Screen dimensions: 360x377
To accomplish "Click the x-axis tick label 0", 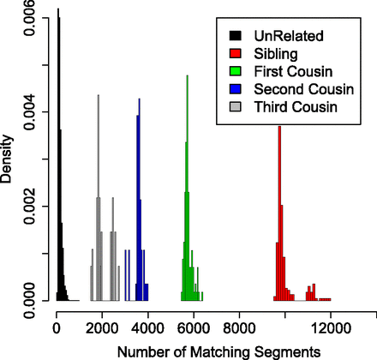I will [x=56, y=326].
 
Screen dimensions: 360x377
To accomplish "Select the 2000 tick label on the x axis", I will [x=101, y=326].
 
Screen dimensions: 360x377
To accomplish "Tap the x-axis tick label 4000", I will [x=147, y=326].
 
